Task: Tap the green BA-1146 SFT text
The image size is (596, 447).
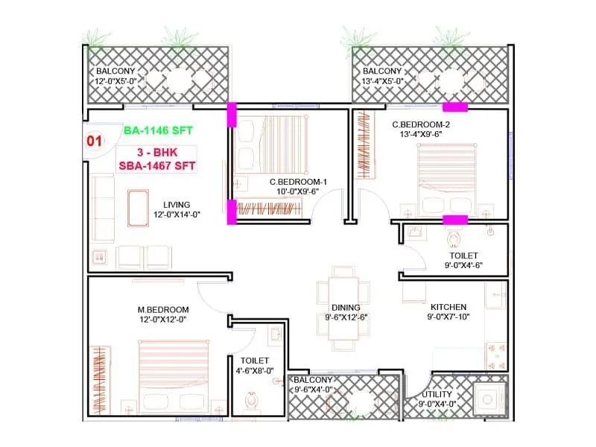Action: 159,130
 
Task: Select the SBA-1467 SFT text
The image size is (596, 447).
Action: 157,167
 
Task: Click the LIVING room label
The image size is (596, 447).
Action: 177,204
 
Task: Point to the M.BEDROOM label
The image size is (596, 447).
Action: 162,309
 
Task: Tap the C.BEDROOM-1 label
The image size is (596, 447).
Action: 299,181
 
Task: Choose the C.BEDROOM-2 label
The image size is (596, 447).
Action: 422,124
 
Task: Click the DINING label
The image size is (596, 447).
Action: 346,307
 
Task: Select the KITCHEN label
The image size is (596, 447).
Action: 448,307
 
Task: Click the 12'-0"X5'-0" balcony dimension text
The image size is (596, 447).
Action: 115,81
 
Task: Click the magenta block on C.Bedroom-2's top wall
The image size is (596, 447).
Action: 454,107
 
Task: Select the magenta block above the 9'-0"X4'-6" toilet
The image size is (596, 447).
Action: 455,220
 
